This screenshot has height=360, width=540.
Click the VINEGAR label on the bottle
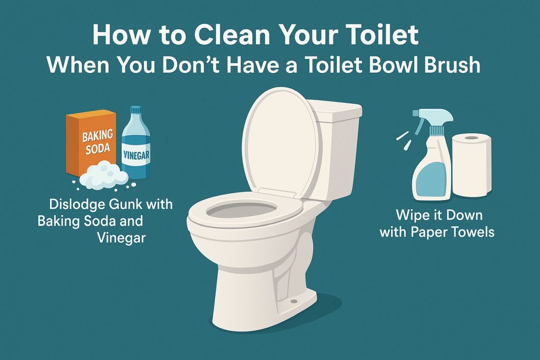[x=136, y=155]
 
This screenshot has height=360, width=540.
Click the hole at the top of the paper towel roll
[x=471, y=138]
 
